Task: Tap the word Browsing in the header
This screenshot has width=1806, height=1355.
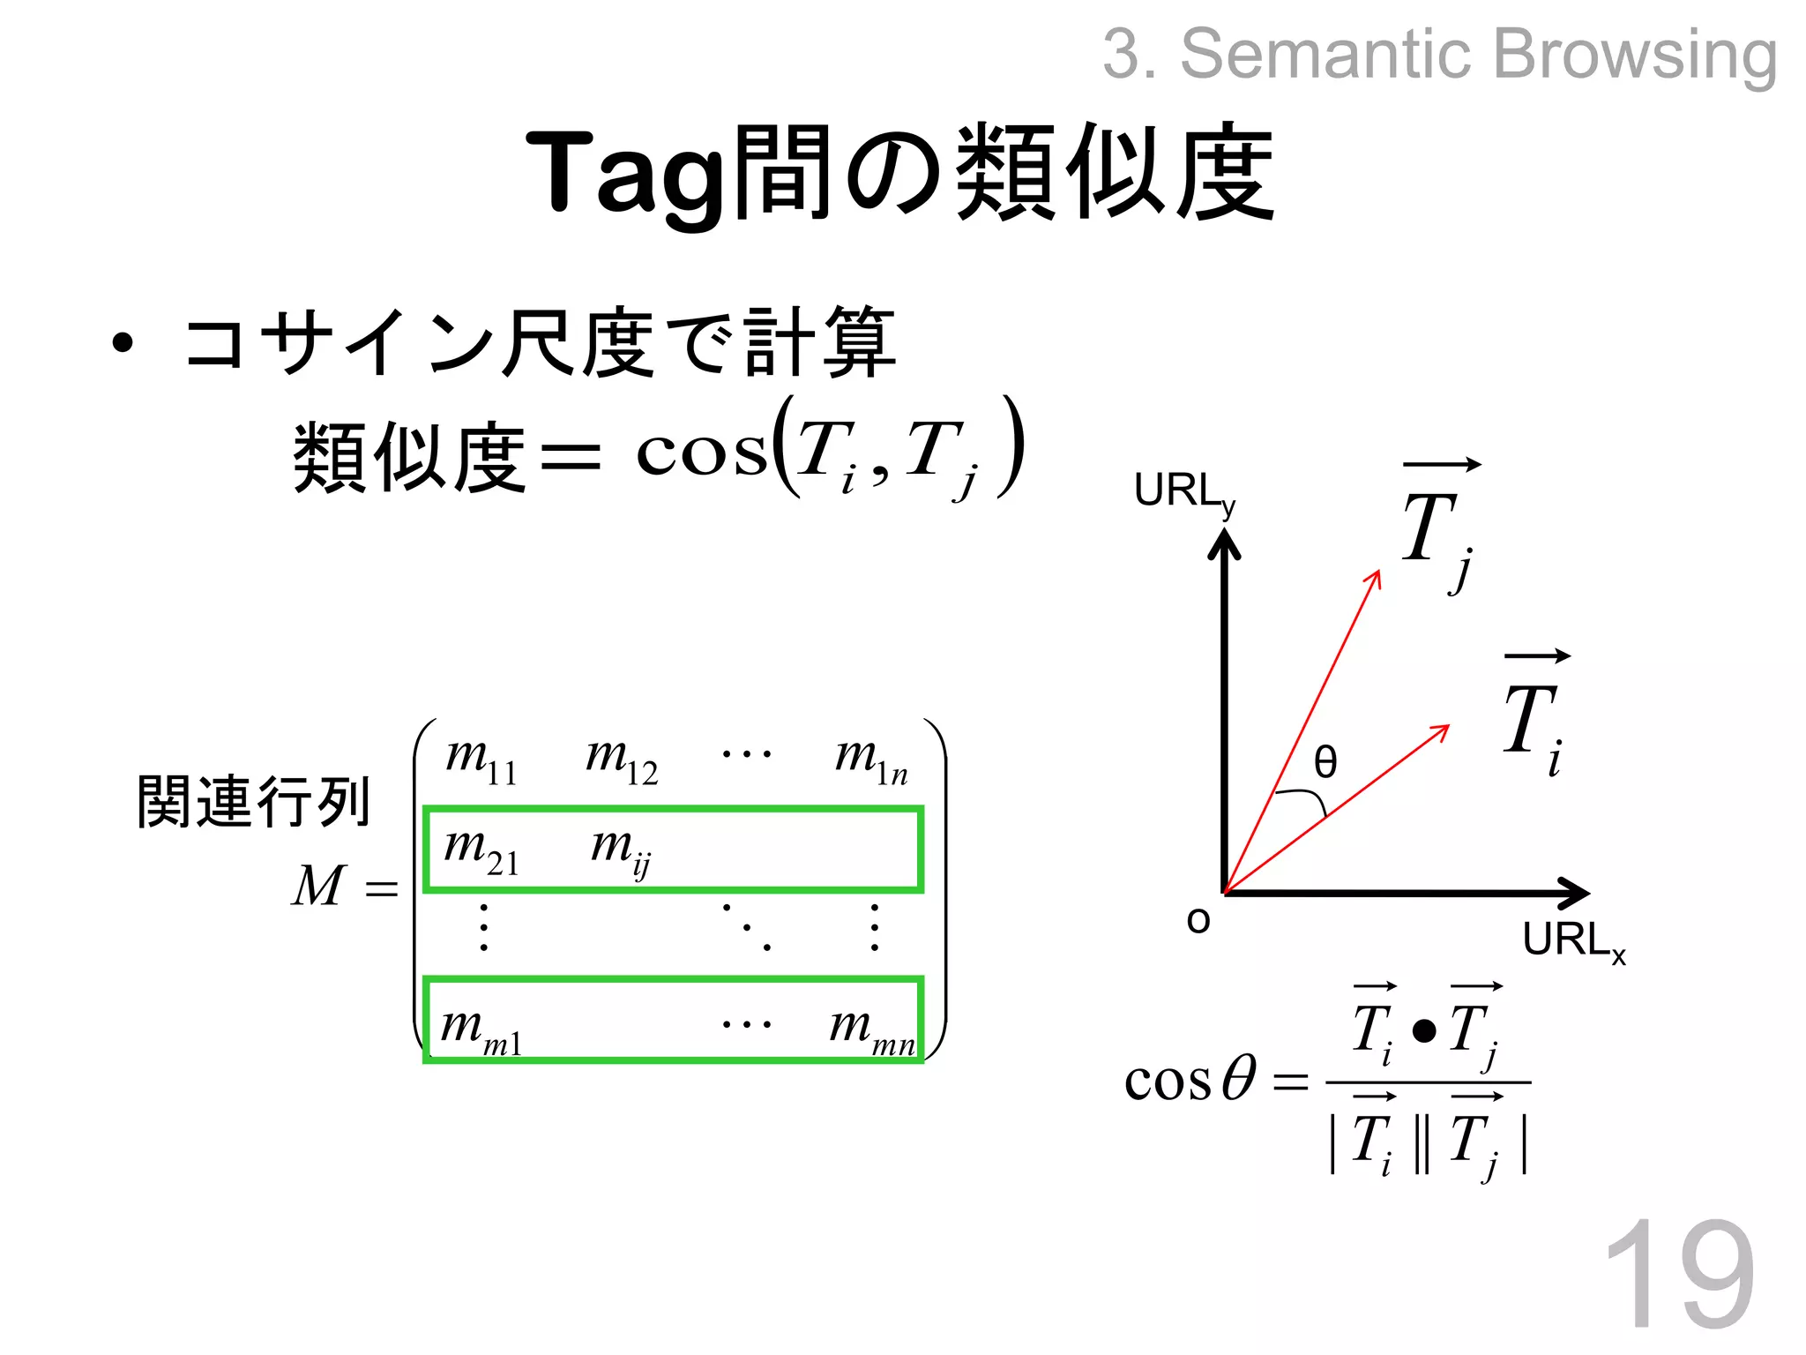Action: pos(1634,55)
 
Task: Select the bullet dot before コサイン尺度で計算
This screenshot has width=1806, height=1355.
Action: pos(123,343)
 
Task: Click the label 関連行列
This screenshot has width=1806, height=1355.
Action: pos(253,802)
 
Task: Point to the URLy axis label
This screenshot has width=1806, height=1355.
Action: pos(1184,492)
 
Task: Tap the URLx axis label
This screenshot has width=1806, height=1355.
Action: pos(1574,940)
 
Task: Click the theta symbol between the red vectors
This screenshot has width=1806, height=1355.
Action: pos(1325,761)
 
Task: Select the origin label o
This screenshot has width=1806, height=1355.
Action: pos(1198,920)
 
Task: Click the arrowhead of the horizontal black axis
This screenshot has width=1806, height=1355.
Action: pos(1575,894)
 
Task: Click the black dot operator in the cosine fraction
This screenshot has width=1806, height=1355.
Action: pos(1424,1030)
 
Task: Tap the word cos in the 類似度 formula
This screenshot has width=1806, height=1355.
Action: pos(701,454)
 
